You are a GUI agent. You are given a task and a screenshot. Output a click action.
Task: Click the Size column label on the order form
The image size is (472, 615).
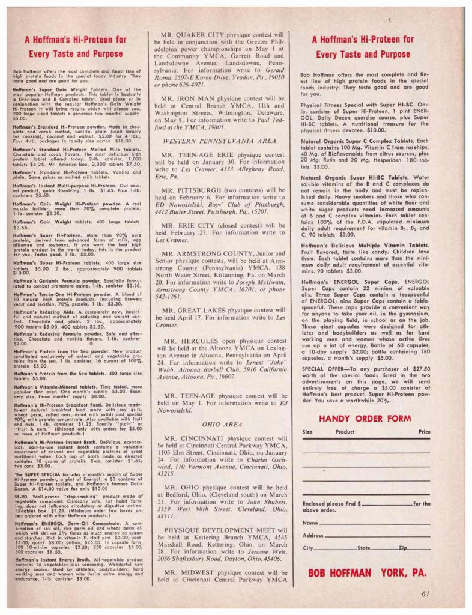coord(307,432)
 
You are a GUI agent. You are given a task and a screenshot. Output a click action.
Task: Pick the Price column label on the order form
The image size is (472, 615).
coord(424,432)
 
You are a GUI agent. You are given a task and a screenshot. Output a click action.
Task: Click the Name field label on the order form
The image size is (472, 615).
coord(310,523)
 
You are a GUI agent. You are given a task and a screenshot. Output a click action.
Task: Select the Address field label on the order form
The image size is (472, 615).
coord(313,535)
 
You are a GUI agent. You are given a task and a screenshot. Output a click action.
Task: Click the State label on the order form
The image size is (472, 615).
coord(364,548)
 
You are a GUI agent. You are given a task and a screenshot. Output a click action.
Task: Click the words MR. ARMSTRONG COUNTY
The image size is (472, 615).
coord(204,253)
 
